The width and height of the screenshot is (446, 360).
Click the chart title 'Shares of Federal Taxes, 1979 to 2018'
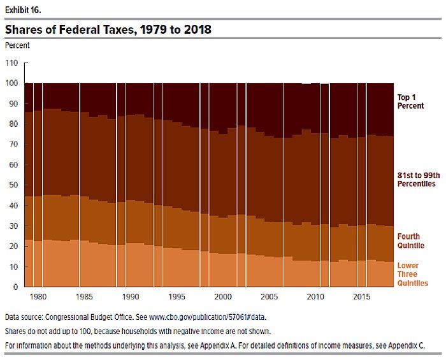click(x=108, y=29)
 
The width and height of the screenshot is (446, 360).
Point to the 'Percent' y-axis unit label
click(x=17, y=45)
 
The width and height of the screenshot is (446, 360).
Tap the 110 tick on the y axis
click(x=13, y=63)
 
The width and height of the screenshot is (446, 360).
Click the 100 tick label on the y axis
click(x=13, y=83)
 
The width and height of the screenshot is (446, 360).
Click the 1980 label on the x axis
click(x=38, y=298)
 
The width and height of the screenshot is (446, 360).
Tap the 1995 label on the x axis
click(x=176, y=298)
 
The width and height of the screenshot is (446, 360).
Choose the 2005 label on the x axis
click(x=268, y=298)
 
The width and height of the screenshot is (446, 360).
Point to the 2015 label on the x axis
click(x=360, y=298)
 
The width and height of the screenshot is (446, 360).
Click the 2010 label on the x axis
click(x=314, y=298)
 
